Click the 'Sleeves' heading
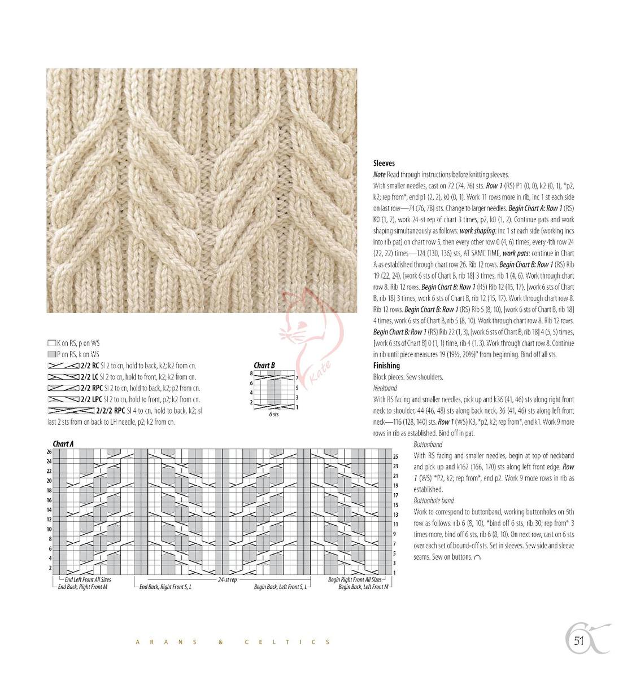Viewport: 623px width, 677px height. (384, 163)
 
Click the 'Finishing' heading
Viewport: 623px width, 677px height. (386, 366)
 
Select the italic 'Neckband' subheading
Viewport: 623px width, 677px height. (385, 388)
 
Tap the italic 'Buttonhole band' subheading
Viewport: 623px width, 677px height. (434, 500)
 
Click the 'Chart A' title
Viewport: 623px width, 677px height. (63, 444)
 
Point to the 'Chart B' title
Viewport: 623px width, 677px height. (264, 366)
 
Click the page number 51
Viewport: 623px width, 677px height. (578, 640)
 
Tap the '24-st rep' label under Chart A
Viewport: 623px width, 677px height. (227, 579)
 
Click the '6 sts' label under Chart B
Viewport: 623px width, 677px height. (273, 414)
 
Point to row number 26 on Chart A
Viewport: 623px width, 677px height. (49, 452)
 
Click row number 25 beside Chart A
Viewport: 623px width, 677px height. (396, 456)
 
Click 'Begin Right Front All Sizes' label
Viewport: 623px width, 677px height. (354, 579)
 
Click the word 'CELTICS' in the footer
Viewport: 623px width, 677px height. (288, 642)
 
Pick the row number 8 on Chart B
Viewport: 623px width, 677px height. (251, 373)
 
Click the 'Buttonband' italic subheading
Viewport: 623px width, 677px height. (428, 445)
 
